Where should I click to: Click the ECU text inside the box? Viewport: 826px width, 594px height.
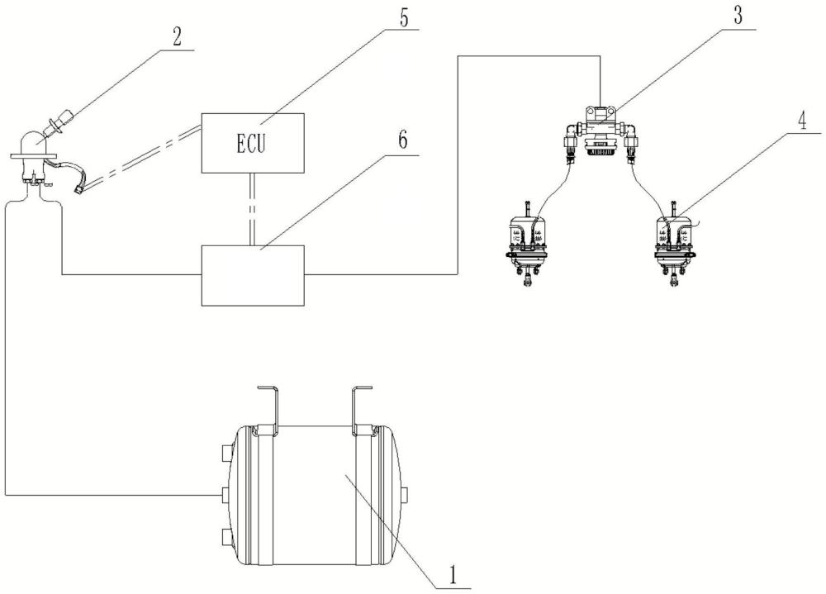coord(250,144)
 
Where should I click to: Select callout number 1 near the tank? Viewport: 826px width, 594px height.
coord(452,576)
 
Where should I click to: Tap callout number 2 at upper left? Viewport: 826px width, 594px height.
coord(177,36)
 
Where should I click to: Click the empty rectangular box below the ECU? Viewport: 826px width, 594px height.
coord(253,274)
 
